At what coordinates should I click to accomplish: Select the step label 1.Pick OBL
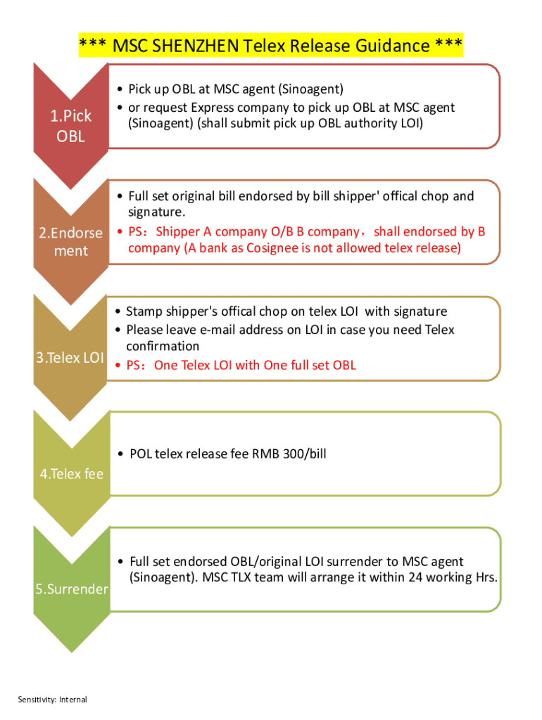(71, 127)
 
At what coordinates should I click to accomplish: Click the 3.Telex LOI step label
(70, 358)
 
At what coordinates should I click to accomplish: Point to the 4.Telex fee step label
(71, 474)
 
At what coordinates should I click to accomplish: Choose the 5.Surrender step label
(72, 589)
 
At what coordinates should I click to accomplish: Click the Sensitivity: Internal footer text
(53, 699)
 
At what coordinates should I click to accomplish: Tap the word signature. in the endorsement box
(156, 212)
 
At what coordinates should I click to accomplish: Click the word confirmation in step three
(163, 346)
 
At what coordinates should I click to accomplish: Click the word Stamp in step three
(143, 311)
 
